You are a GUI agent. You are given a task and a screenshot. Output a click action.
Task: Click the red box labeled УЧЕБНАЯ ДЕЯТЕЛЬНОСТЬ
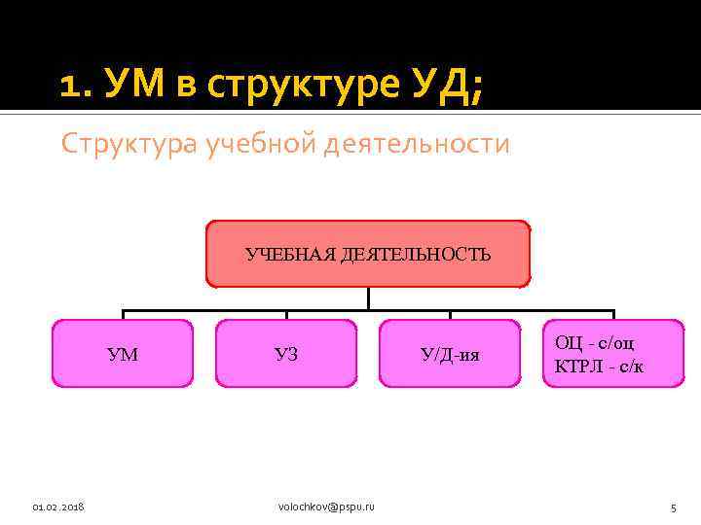(368, 254)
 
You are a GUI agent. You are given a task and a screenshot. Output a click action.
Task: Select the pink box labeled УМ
(123, 354)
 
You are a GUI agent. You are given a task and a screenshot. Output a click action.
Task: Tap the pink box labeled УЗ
(286, 354)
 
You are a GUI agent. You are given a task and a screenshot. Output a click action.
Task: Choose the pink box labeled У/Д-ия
(450, 354)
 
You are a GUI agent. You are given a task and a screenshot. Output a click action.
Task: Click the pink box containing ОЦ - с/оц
(613, 354)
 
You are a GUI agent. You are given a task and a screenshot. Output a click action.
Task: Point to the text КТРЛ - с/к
(599, 367)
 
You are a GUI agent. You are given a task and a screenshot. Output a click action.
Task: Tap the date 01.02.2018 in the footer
(58, 507)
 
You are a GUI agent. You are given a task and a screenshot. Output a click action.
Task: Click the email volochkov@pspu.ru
(326, 507)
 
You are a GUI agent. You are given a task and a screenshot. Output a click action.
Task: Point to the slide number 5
(673, 507)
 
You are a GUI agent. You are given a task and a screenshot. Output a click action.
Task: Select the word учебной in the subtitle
(247, 144)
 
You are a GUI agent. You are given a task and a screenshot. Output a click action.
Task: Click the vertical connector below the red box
(368, 299)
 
